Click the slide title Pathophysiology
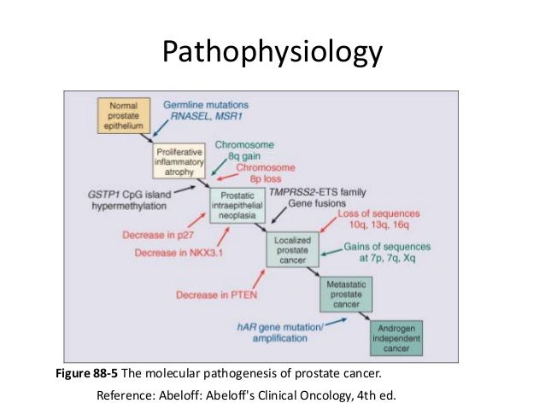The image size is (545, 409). [x=272, y=53]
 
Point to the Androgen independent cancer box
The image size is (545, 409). [x=399, y=336]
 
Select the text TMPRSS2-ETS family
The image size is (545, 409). [x=317, y=192]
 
